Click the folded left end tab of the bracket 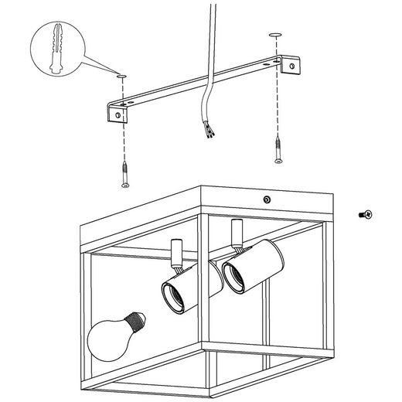(x=117, y=114)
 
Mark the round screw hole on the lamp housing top (x=266, y=200)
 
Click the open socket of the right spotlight (x=233, y=274)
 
